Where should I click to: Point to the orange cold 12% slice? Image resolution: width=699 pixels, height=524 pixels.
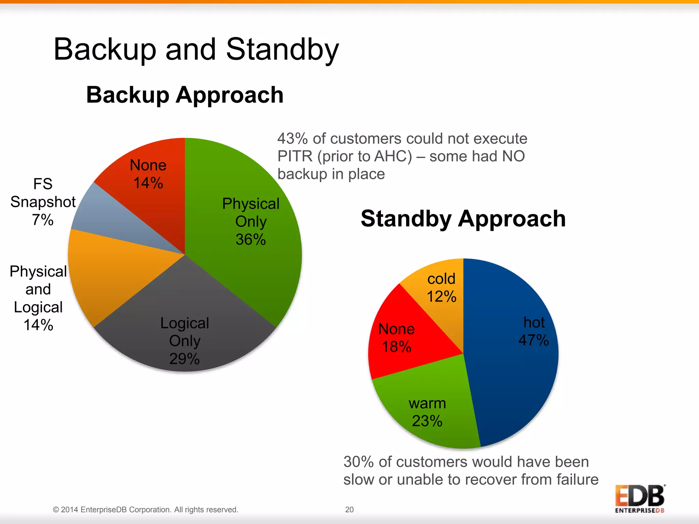click(440, 290)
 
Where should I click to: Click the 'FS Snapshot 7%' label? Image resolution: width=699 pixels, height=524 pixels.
click(43, 202)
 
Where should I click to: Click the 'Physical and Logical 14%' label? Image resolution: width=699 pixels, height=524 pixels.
click(38, 298)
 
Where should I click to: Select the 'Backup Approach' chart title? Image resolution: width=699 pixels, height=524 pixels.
click(185, 94)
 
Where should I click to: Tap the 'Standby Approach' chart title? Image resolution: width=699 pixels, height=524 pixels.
click(463, 218)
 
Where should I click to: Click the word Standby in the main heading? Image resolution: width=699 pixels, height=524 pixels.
click(282, 49)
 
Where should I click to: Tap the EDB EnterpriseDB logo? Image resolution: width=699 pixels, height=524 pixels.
click(640, 498)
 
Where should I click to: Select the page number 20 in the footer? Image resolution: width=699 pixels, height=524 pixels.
click(349, 509)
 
